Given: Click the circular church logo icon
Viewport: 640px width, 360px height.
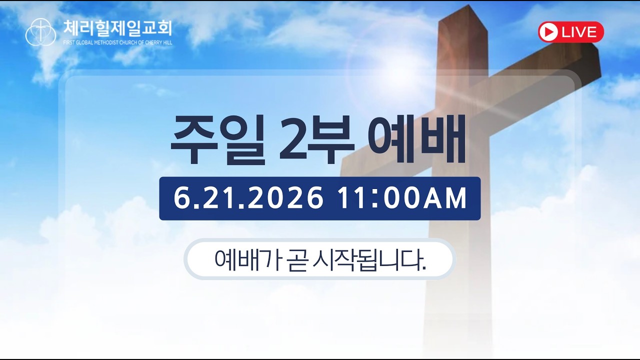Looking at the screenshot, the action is (40, 32).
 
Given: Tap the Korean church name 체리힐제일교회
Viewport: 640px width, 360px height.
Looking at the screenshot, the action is (117, 28).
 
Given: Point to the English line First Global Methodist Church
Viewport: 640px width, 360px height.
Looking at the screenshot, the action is (117, 43).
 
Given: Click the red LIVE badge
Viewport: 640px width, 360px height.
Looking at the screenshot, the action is (571, 32).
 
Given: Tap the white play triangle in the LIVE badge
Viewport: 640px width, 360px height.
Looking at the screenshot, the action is (549, 32).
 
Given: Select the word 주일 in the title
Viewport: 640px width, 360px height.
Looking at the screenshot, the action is (217, 140).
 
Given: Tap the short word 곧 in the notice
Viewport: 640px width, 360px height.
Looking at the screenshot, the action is (296, 260).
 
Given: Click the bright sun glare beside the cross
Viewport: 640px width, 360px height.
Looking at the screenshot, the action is (400, 71).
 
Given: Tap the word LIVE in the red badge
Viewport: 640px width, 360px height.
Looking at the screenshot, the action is (579, 32).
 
